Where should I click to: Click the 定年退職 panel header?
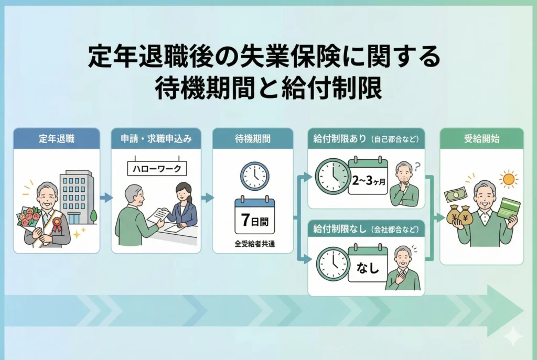[57, 138]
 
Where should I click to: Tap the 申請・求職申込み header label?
[156, 138]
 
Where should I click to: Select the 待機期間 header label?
[253, 138]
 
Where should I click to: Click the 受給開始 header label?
[481, 138]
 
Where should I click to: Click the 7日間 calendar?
[255, 215]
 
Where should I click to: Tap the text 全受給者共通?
[254, 244]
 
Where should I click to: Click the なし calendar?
[368, 263]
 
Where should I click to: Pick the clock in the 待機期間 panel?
[255, 176]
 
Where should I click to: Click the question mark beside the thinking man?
[417, 167]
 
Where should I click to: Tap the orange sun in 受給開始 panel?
[508, 179]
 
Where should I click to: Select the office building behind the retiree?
[77, 198]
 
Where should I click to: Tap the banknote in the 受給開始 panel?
[456, 194]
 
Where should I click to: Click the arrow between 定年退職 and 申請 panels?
[106, 198]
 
